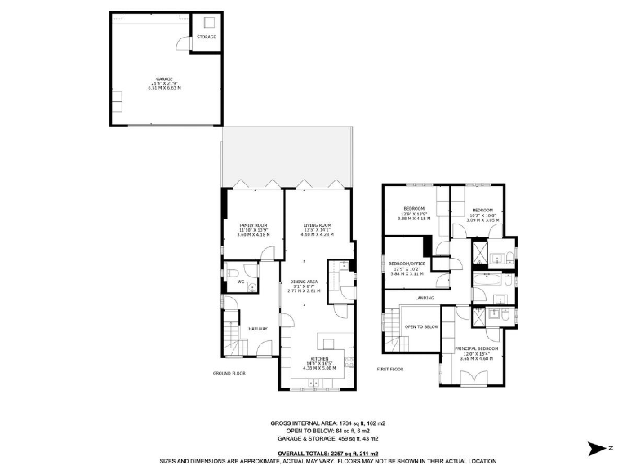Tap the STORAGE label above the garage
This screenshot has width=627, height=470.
click(206, 37)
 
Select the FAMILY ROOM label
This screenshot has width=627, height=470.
click(253, 225)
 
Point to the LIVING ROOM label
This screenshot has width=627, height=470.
click(317, 225)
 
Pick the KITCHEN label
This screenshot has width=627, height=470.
click(319, 359)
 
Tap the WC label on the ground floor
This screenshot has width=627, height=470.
click(241, 282)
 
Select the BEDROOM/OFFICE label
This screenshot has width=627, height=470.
click(407, 264)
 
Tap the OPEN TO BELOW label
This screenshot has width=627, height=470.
click(422, 326)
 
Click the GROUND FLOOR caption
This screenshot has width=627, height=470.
click(229, 373)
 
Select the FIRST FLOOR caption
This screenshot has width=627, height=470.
click(391, 369)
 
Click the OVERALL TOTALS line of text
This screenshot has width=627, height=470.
click(313, 429)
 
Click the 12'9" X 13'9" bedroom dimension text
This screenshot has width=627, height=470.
click(413, 214)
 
